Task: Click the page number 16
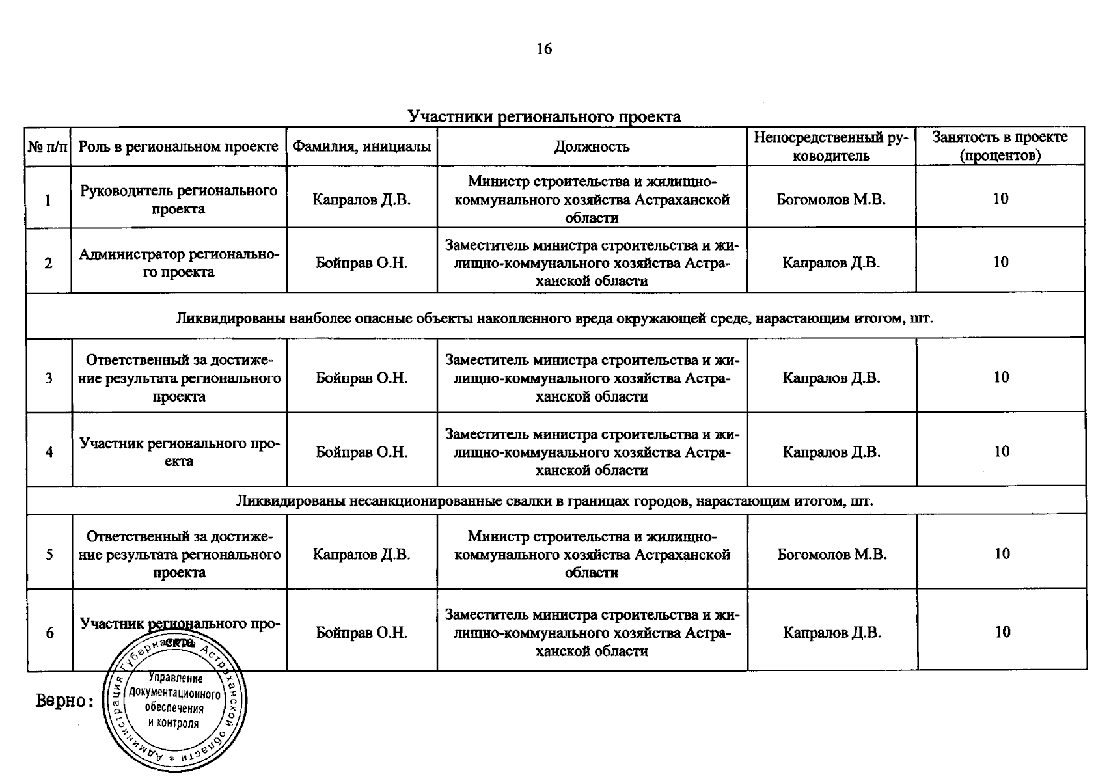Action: point(544,49)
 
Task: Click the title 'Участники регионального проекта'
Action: point(544,116)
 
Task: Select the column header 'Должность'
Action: point(592,146)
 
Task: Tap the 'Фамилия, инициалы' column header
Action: point(362,146)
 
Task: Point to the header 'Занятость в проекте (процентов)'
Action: point(1000,146)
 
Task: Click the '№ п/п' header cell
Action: point(48,146)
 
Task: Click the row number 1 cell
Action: point(48,200)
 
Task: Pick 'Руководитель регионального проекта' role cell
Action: point(178,199)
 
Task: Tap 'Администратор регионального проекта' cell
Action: point(178,263)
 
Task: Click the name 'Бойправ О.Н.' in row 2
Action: point(362,263)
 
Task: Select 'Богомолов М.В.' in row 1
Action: point(831,199)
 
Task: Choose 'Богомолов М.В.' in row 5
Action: point(832,555)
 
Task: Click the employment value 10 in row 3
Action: point(1001,377)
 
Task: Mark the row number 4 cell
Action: point(49,452)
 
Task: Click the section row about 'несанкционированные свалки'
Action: point(554,501)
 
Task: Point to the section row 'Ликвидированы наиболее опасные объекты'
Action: point(554,318)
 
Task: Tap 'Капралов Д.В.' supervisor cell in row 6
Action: point(832,633)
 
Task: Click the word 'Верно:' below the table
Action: point(64,702)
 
